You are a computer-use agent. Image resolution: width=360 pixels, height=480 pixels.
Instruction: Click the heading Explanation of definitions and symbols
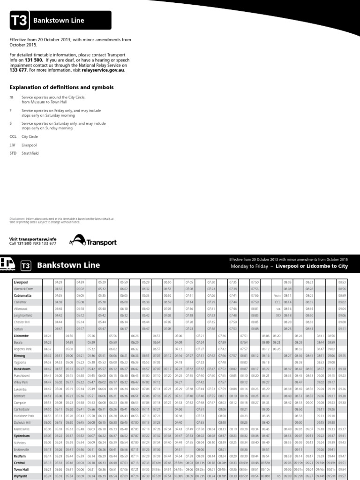pyautogui.click(x=61, y=87)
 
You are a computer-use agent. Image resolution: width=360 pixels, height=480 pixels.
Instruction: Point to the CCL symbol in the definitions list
pyautogui.click(x=13, y=136)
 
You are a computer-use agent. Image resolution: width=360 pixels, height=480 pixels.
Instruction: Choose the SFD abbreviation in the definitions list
pyautogui.click(x=13, y=153)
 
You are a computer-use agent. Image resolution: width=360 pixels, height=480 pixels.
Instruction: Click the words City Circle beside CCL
pyautogui.click(x=30, y=136)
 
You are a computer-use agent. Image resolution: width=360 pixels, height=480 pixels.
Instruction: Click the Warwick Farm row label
pyautogui.click(x=22, y=289)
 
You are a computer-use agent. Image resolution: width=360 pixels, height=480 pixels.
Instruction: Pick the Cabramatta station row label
pyautogui.click(x=22, y=296)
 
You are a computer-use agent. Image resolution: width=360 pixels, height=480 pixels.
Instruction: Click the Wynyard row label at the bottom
pyautogui.click(x=20, y=475)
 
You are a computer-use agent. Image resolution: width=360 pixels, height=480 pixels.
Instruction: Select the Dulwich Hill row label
pyautogui.click(x=22, y=422)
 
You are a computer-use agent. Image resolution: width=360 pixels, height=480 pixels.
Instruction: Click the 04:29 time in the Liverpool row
pyautogui.click(x=59, y=283)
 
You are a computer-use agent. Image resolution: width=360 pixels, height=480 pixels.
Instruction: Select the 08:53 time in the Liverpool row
pyautogui.click(x=342, y=283)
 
